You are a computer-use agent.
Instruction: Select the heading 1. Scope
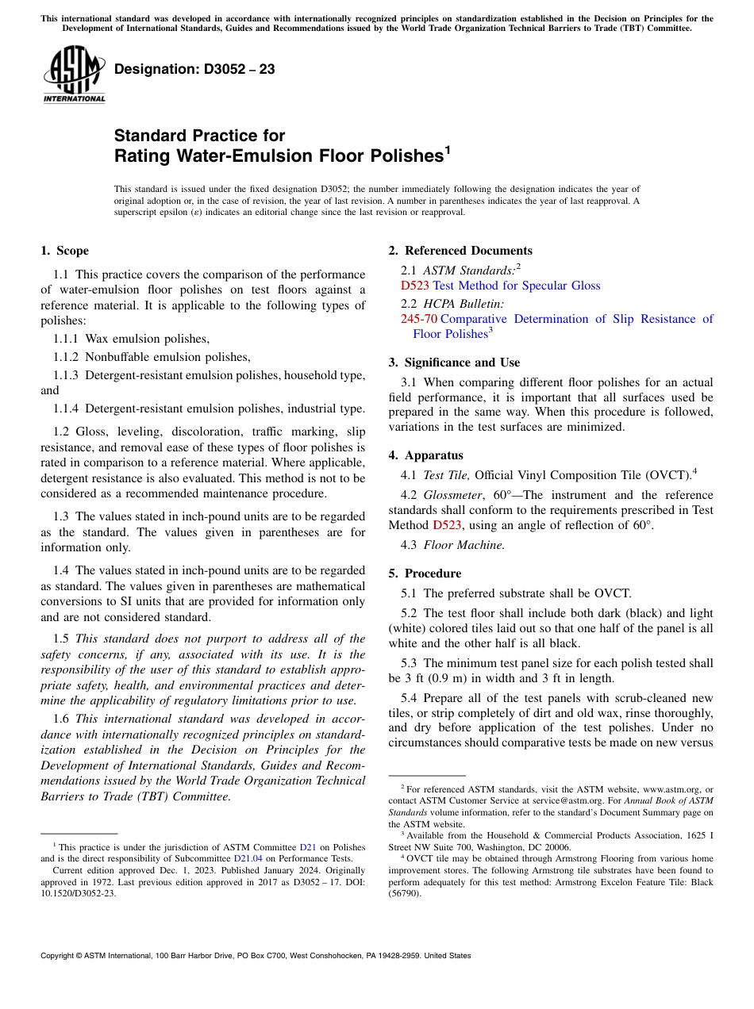[x=65, y=251]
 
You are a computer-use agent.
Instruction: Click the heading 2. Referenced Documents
[x=460, y=251]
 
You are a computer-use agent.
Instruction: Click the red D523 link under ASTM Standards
[x=415, y=286]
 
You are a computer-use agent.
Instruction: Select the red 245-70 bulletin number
[x=418, y=319]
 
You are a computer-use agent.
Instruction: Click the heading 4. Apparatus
[x=425, y=455]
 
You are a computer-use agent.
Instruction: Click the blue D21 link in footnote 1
[x=307, y=848]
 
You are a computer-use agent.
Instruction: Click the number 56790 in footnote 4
[x=405, y=893]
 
